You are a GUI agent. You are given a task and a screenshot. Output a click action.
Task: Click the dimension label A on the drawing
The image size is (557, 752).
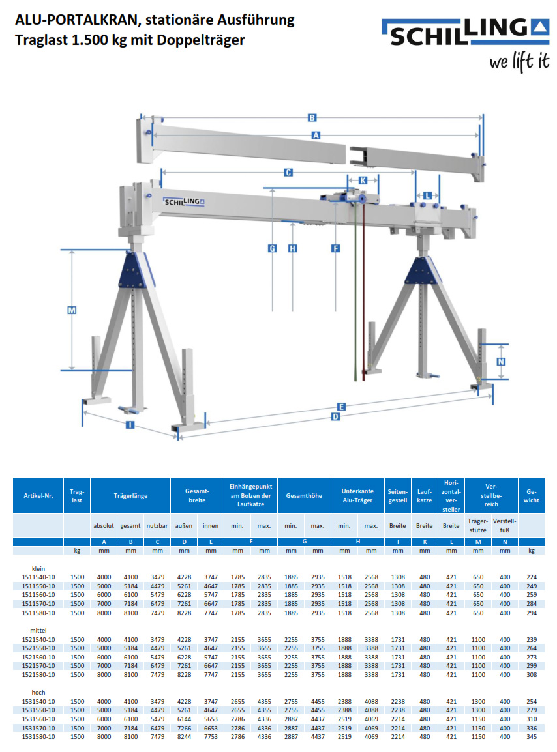[316, 136]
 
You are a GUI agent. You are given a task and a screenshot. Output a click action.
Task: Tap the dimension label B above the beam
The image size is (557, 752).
[312, 118]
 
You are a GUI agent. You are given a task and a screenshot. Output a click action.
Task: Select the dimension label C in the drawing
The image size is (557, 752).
[288, 173]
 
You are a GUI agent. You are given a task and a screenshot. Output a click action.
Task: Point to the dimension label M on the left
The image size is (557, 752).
[72, 311]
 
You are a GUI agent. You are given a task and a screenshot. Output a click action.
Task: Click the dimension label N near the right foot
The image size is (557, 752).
[500, 362]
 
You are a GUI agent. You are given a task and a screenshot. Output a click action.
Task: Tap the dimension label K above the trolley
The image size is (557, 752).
[363, 180]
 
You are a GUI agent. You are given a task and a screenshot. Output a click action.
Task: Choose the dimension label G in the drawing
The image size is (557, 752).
[273, 248]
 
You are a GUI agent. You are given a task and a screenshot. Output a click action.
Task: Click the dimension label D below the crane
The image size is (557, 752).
[336, 416]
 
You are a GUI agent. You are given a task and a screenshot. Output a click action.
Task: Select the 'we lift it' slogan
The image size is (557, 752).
[519, 63]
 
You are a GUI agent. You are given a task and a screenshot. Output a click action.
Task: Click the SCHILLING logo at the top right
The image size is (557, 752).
[466, 33]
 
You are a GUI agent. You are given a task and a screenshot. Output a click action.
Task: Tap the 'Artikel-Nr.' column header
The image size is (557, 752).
[38, 496]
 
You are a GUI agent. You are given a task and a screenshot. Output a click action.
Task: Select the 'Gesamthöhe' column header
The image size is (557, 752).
[304, 496]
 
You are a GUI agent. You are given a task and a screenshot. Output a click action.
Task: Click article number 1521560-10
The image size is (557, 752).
[38, 658]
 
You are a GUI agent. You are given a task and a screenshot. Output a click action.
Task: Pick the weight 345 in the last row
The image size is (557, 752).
[531, 736]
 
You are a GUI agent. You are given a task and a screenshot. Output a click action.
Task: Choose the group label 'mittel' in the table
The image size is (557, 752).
[38, 631]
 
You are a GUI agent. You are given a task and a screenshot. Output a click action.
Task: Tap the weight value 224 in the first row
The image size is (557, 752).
[531, 577]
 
